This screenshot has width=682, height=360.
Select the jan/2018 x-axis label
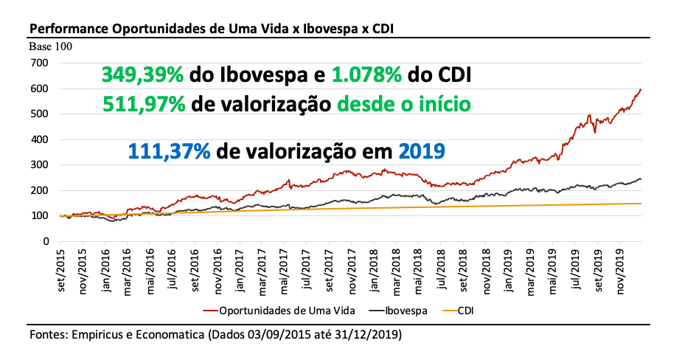[374, 269]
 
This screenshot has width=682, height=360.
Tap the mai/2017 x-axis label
[285, 269]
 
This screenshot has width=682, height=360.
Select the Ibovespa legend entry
[403, 311]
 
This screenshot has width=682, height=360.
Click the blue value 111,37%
[170, 150]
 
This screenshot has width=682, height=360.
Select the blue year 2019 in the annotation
[422, 150]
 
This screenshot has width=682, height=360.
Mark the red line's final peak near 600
[640, 89]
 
